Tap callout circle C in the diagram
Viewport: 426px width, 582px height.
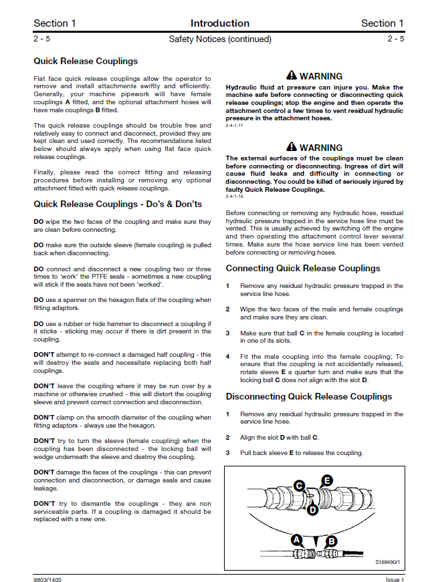[x=300, y=486]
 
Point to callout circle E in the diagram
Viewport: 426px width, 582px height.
[x=327, y=480]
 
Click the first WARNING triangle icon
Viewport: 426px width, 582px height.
[x=292, y=76]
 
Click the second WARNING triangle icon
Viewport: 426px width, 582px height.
[x=292, y=147]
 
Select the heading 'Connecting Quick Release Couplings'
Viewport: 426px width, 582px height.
[x=302, y=268]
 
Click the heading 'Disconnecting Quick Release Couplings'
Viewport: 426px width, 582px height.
[x=308, y=396]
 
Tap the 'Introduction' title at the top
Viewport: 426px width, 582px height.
[x=219, y=23]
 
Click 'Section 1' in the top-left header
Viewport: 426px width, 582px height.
[x=55, y=23]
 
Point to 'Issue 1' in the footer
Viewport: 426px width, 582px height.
[x=395, y=579]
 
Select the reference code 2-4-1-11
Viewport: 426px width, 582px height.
[x=235, y=126]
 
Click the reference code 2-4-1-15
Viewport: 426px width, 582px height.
[x=235, y=197]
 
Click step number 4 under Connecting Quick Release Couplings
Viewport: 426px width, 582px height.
[x=228, y=357]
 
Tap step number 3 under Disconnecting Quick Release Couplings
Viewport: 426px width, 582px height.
[x=228, y=453]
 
